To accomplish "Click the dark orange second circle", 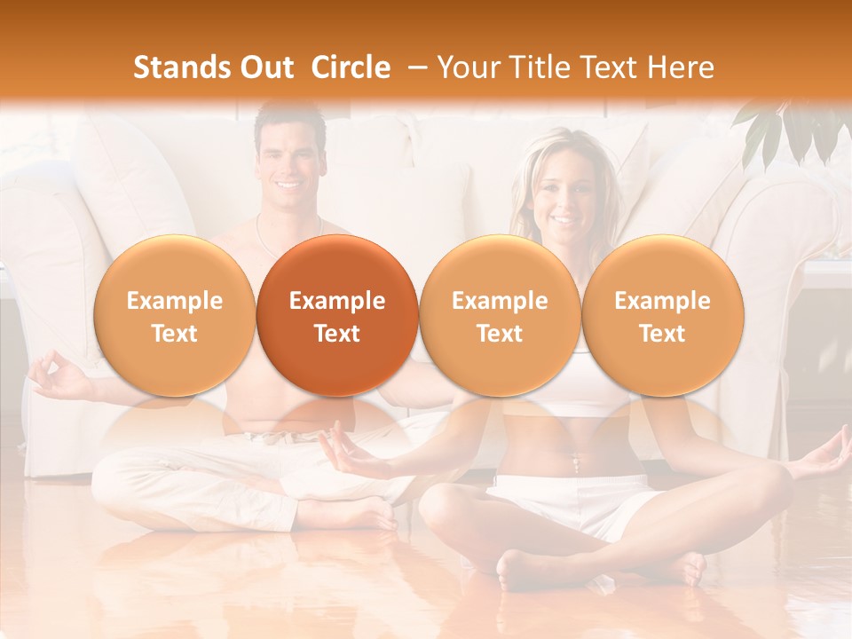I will (337, 316).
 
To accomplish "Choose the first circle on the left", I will (174, 316).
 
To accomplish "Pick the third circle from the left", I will (500, 316).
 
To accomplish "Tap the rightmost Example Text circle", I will (662, 316).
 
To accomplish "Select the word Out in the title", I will (265, 67).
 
